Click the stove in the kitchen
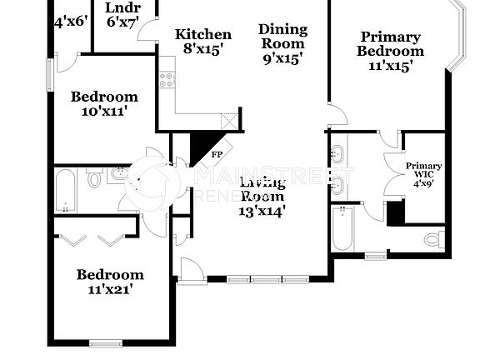(x=167, y=80)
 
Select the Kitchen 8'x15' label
(x=202, y=42)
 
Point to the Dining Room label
(x=282, y=43)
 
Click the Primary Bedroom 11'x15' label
(x=390, y=51)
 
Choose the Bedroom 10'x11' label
(x=104, y=102)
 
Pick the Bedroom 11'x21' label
(x=110, y=282)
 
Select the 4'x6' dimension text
(x=70, y=21)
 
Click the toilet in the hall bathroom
(x=95, y=177)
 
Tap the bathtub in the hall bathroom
(x=66, y=190)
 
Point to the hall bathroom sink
(x=118, y=174)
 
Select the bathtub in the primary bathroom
(x=342, y=228)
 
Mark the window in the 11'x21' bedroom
(x=106, y=342)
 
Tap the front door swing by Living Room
(x=191, y=269)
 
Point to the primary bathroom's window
(x=376, y=255)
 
